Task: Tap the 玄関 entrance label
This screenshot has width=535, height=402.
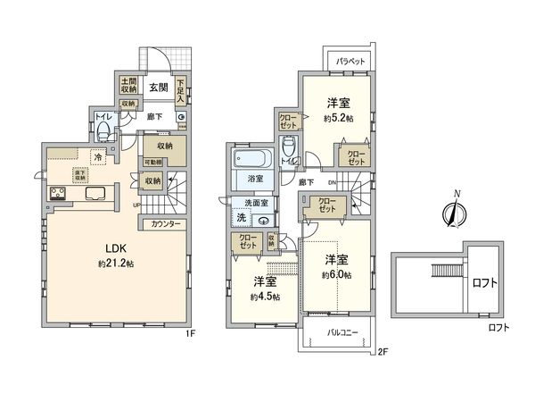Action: (x=159, y=87)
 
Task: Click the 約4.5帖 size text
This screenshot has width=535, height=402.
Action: (x=264, y=297)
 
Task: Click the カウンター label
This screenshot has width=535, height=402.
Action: (x=167, y=222)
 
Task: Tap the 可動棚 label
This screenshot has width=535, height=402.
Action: (x=154, y=162)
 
